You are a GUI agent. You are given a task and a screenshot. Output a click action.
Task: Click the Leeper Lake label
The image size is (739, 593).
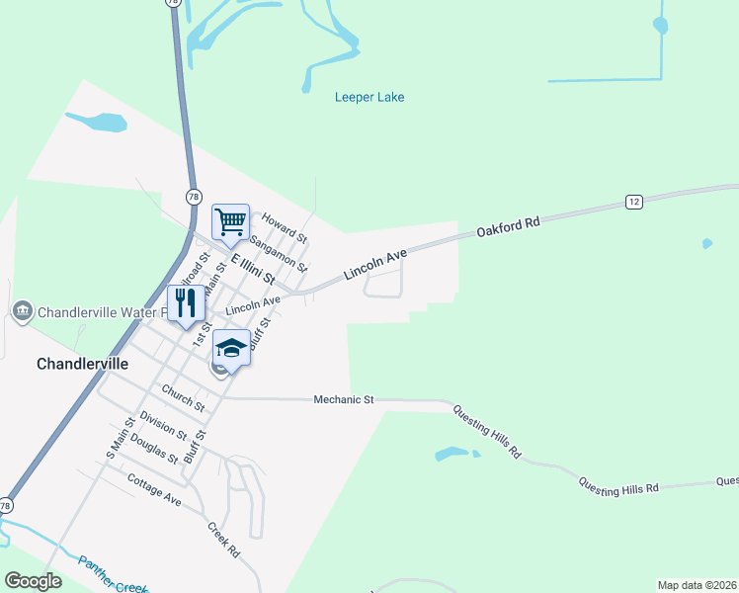click(369, 97)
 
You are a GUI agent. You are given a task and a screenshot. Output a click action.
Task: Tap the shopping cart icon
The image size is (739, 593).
click(230, 221)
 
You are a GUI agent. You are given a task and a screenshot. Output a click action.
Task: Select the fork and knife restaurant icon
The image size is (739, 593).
click(185, 302)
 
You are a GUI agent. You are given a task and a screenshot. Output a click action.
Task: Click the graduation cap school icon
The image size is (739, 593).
click(230, 349)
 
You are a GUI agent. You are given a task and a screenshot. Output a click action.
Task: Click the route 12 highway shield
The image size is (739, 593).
click(634, 202)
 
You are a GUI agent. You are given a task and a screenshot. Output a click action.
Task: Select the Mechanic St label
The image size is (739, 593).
click(343, 399)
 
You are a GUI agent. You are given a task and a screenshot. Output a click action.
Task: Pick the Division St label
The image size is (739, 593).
click(163, 425)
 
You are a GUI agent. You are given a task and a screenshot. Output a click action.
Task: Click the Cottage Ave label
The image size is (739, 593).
click(154, 489)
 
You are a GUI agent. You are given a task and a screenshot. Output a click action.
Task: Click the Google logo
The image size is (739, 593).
click(33, 581)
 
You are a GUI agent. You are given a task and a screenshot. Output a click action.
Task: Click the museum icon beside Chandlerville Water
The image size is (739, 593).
click(22, 312)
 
